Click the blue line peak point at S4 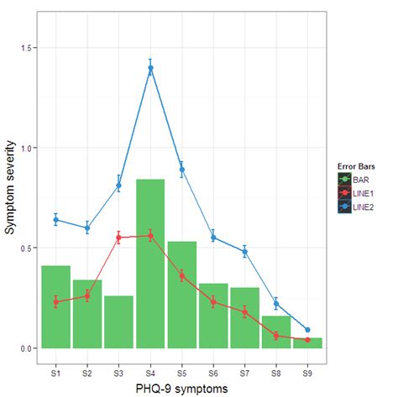coord(151,69)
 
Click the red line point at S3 coord(118,238)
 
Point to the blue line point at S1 coord(55,220)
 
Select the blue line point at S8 coord(276,304)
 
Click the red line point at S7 coord(245,311)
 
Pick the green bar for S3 coord(118,322)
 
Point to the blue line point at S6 coord(213,238)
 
